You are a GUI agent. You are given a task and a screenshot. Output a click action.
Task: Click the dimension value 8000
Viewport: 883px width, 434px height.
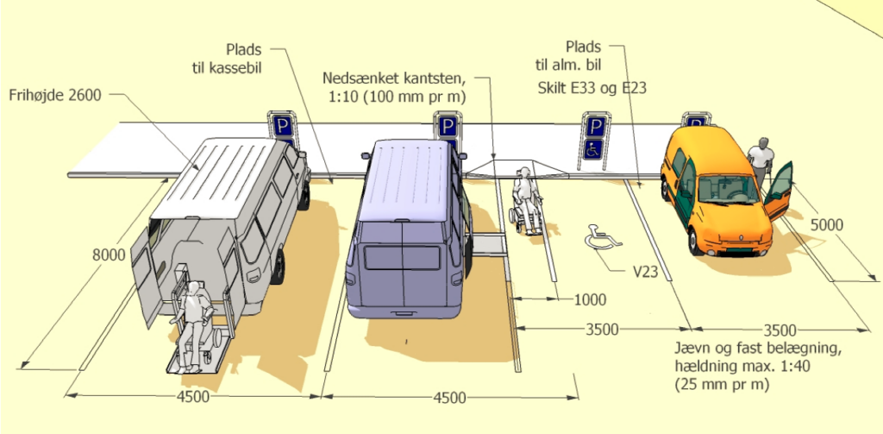(110, 256)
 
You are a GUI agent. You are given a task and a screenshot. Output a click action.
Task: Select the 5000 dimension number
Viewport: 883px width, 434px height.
(827, 225)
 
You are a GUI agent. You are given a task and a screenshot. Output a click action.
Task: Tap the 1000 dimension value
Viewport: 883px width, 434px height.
(590, 300)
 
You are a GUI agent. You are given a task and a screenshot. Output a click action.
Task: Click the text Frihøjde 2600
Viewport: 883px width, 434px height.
(55, 95)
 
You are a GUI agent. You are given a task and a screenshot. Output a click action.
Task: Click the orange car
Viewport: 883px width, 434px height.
(718, 192)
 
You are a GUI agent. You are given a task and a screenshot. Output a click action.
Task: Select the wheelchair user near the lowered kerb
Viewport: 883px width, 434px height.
(526, 200)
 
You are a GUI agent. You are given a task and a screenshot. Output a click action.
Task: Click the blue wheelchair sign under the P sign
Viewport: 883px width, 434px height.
(593, 149)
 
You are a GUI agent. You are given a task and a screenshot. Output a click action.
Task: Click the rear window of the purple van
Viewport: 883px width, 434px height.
(402, 258)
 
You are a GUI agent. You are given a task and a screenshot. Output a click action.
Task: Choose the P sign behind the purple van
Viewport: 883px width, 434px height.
(448, 126)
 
